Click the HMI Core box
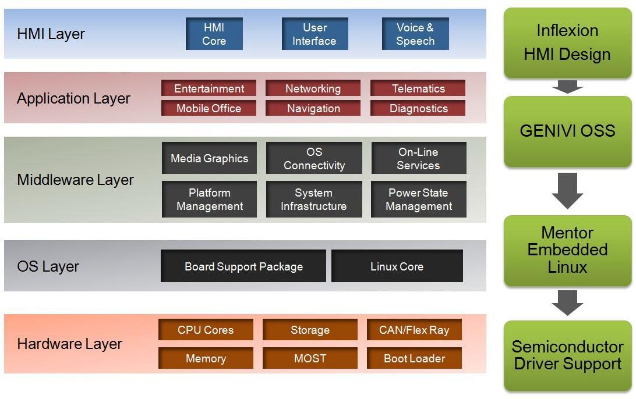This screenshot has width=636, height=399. tap(214, 34)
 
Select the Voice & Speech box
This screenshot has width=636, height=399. tap(415, 34)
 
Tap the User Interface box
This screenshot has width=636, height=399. tap(315, 34)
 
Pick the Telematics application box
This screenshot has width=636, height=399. tap(418, 88)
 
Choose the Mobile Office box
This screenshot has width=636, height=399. tap(209, 108)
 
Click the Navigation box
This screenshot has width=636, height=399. tap(313, 108)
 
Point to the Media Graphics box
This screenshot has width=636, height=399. tap(209, 158)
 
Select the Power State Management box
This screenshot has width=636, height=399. tap(419, 199)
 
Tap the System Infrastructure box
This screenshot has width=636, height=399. tap(314, 199)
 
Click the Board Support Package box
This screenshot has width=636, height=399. tap(243, 266)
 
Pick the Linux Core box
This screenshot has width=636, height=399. tap(397, 266)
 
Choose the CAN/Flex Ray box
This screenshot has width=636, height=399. tap(414, 330)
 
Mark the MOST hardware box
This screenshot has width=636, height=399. tap(310, 358)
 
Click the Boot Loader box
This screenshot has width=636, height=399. tap(414, 358)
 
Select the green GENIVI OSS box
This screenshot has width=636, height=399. tap(567, 131)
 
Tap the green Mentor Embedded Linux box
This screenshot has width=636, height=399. tap(567, 250)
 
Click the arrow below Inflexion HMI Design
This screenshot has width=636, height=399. tap(567, 87)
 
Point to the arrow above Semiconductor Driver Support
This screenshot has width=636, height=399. tap(567, 302)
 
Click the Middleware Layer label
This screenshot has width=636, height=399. tap(76, 180)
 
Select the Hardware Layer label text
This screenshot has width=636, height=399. tap(70, 344)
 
